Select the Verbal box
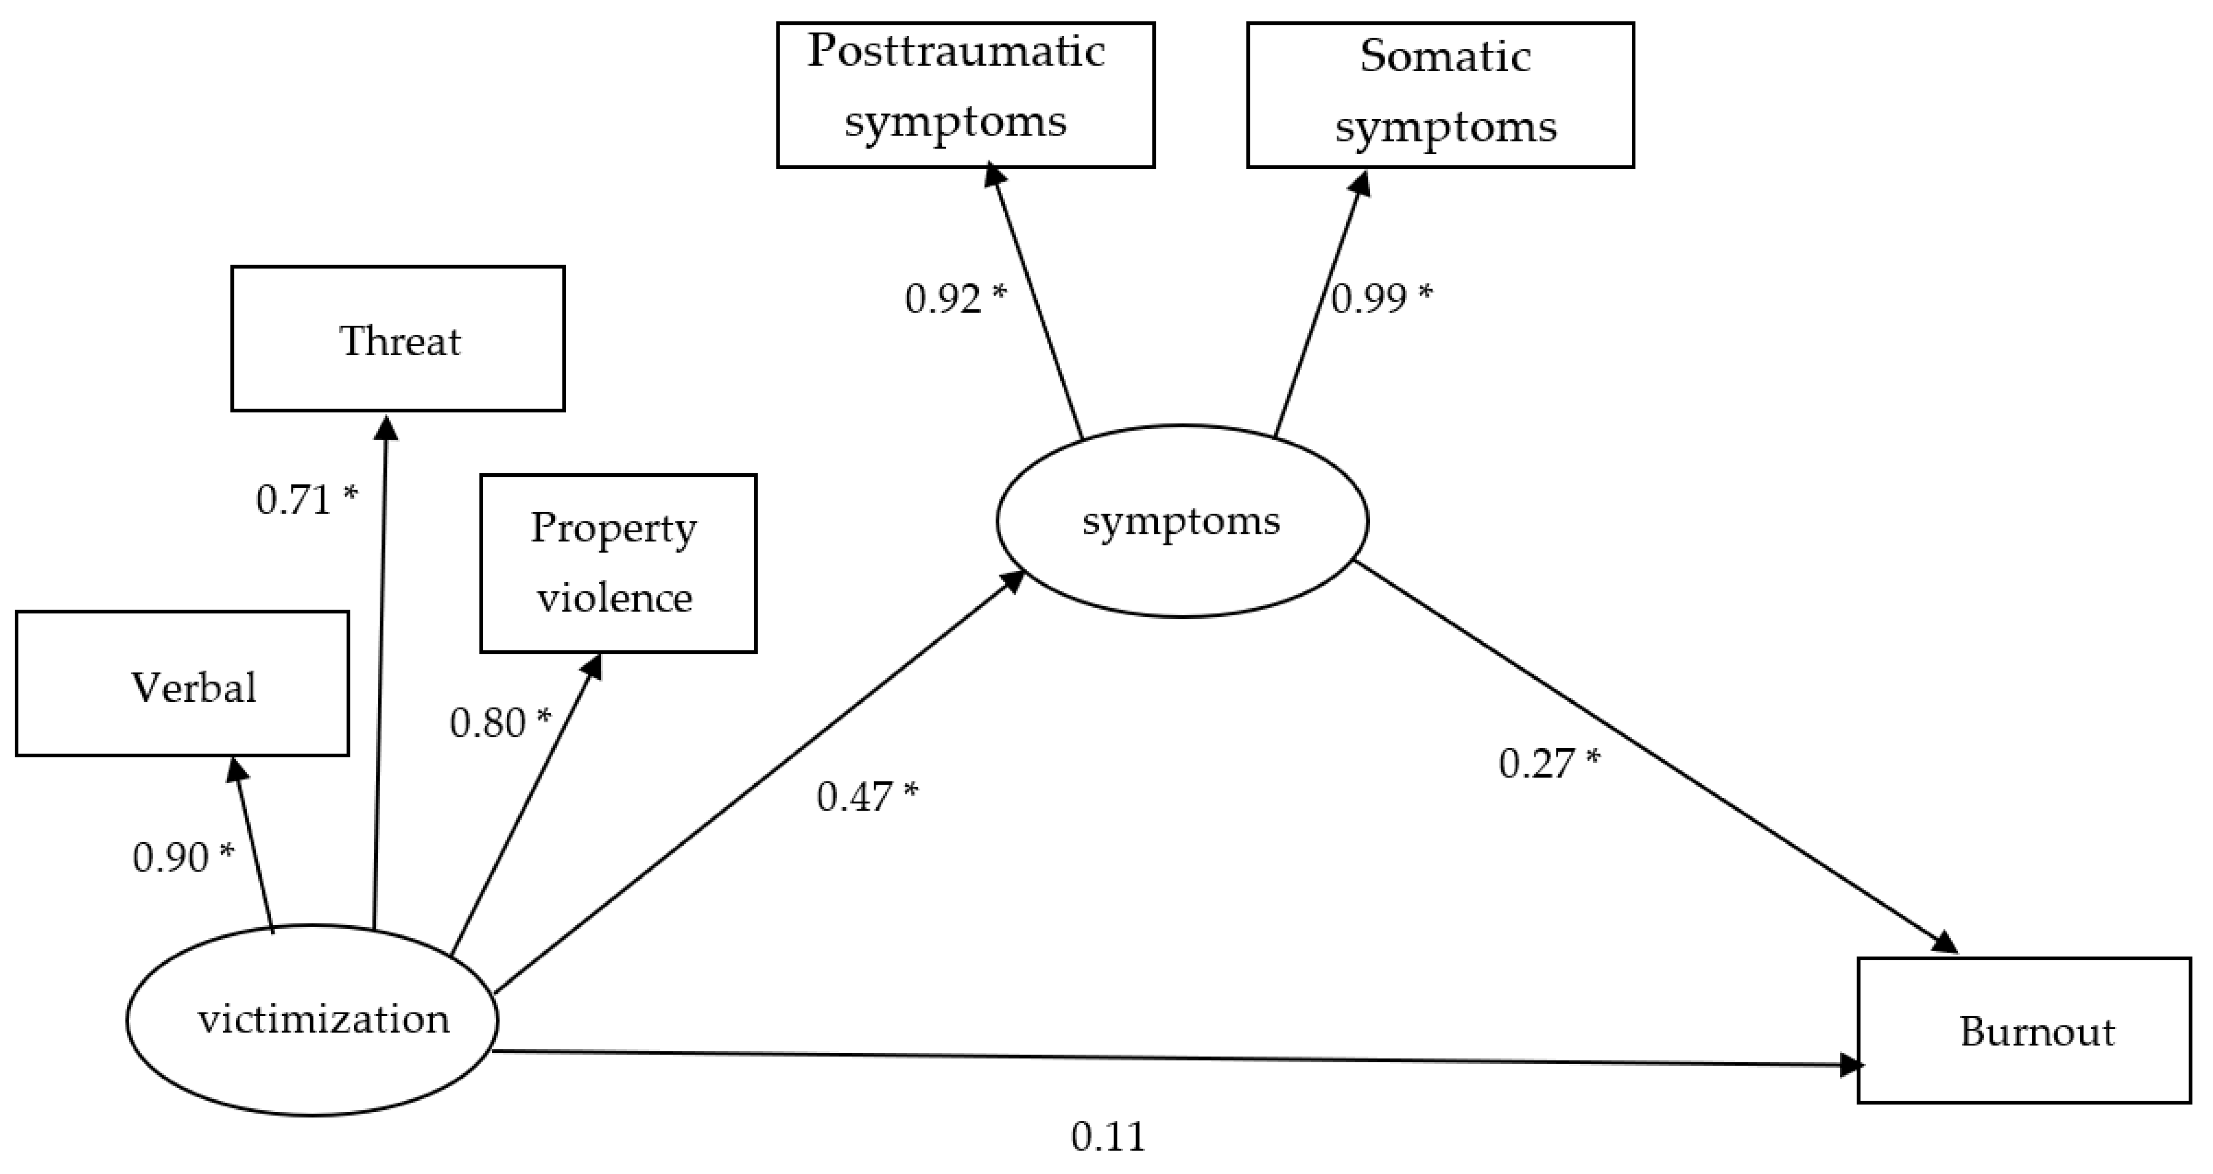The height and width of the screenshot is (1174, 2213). [x=182, y=684]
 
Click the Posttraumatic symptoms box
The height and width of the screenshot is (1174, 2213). [x=966, y=95]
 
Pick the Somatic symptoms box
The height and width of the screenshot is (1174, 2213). [x=1440, y=95]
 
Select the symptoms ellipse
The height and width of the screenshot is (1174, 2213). [x=1182, y=521]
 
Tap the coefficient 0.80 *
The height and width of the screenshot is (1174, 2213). [x=500, y=723]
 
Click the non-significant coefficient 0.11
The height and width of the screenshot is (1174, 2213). [x=1108, y=1137]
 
